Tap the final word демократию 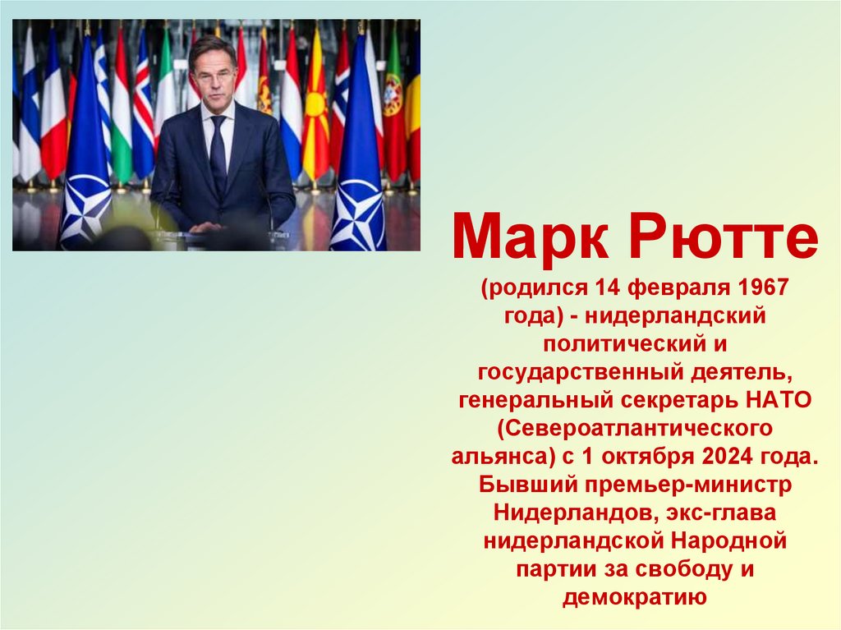coord(635,597)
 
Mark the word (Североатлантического coord(635,428)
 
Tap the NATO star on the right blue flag coord(358,215)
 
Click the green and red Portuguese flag coord(393,107)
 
